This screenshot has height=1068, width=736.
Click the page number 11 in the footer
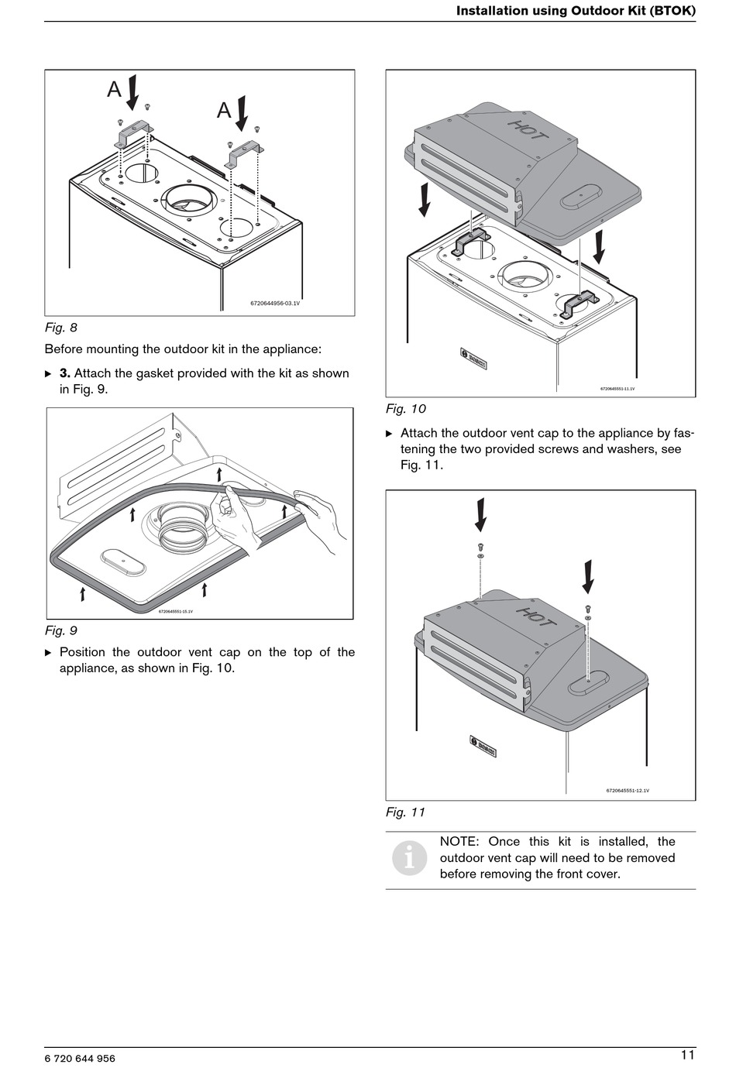[687, 1054]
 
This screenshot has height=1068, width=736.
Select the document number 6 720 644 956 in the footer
[80, 1058]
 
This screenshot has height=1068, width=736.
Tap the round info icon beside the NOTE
[409, 857]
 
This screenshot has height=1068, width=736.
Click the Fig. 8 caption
[60, 328]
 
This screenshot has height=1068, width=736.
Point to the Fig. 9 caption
[60, 630]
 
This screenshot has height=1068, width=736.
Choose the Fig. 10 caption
[405, 409]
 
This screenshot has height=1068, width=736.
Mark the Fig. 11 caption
[405, 812]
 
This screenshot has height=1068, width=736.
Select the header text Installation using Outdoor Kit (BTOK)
[576, 11]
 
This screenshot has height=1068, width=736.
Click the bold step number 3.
[65, 373]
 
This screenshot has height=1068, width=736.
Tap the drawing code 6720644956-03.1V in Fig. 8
[275, 304]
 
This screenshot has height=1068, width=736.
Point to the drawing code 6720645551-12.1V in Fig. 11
[628, 791]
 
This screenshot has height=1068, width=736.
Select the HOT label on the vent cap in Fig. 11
[536, 617]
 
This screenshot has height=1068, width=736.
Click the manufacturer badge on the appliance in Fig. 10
[474, 359]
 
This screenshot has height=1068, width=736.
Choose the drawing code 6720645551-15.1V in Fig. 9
[176, 611]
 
